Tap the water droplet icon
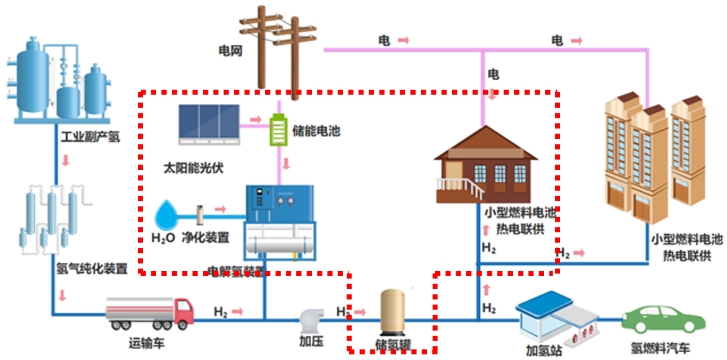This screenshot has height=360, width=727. [x=166, y=216]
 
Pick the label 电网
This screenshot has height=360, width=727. [x=230, y=49]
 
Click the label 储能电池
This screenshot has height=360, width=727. [x=316, y=131]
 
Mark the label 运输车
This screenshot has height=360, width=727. [x=147, y=343]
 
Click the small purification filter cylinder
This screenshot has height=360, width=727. [x=200, y=215]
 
